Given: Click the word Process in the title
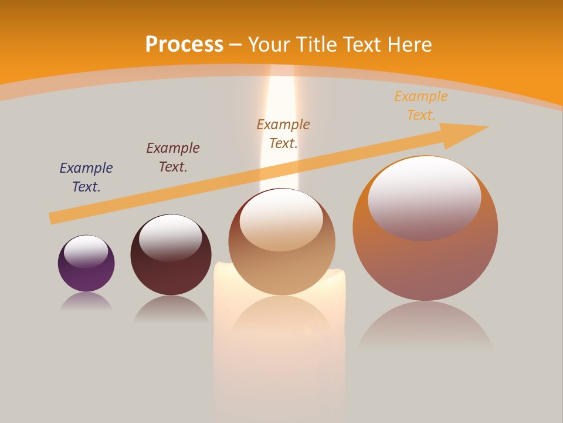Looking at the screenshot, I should pos(184,45).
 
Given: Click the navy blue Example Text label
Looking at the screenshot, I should pos(86,177).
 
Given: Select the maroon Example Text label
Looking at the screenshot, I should pos(173,157).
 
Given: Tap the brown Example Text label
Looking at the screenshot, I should pos(283,134).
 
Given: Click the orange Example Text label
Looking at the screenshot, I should pos(420,106).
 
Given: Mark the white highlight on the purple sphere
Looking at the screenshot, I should pos(86,251).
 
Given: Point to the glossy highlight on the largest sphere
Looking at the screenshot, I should pos(425,197).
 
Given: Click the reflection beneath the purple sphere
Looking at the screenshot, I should pos(86,301).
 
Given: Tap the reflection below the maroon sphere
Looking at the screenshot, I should pos(171,308).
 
